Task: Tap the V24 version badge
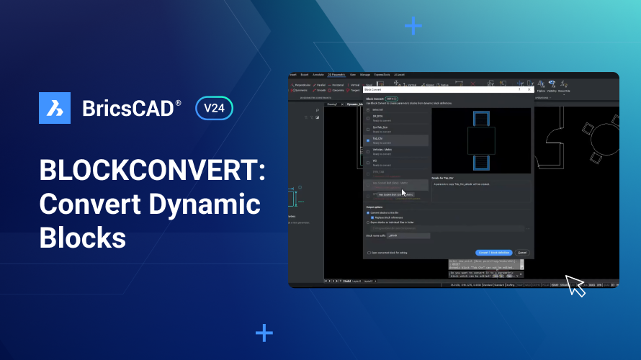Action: click(x=214, y=109)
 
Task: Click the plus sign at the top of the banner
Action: click(x=413, y=27)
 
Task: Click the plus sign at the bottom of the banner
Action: click(x=264, y=333)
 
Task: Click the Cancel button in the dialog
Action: click(x=522, y=253)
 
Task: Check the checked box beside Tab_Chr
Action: click(x=368, y=140)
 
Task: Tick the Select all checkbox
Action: click(x=368, y=109)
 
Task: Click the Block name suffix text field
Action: click(x=408, y=235)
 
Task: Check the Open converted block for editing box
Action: click(x=369, y=253)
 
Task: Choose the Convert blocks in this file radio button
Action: click(x=368, y=213)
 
